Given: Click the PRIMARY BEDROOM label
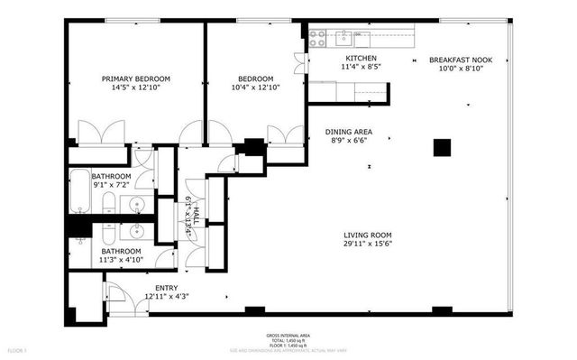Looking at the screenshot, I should point(135,78).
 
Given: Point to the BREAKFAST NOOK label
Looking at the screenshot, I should point(462,59).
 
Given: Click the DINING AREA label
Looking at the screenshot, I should point(348,132).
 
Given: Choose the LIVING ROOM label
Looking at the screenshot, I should point(367,232).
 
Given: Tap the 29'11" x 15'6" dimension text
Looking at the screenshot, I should point(367,243).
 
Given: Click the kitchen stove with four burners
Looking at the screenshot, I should point(317,38).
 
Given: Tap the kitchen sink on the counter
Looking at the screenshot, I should point(343,38).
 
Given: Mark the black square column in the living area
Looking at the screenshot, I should point(442,147).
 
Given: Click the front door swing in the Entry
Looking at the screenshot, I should point(115,293).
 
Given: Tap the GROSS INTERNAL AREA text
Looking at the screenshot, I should point(288,333).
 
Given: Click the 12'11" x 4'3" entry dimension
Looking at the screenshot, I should point(167,296).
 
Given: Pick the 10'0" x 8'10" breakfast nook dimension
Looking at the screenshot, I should point(462,68).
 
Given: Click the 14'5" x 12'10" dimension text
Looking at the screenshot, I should point(135,88).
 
